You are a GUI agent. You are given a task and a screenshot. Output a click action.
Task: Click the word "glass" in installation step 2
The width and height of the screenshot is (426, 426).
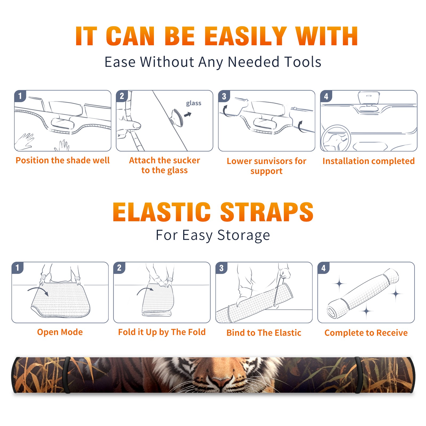(x=194, y=103)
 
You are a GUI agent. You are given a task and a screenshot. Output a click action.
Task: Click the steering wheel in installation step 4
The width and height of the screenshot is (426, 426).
(x=336, y=138)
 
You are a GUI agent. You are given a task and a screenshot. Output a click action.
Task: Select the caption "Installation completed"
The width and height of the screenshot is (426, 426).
(x=368, y=161)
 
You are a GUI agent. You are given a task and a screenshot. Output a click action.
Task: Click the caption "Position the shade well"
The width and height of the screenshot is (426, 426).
(x=63, y=160)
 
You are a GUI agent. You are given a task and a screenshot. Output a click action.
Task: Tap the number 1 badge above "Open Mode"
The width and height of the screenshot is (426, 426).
(x=18, y=268)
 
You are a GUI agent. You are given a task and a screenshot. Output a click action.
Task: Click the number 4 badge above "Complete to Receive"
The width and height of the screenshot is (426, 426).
(x=323, y=268)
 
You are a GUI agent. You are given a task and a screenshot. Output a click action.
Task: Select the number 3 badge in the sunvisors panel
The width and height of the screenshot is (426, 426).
(x=224, y=96)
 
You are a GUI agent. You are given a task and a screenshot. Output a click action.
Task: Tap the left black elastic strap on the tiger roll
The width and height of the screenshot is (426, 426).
(x=67, y=375)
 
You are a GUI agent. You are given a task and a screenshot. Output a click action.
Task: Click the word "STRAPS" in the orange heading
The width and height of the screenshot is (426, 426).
(x=267, y=212)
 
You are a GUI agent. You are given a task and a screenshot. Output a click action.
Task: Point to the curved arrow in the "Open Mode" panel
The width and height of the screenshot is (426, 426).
(x=38, y=290)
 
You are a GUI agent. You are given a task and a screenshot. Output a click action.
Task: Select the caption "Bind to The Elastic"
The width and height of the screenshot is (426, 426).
(x=264, y=333)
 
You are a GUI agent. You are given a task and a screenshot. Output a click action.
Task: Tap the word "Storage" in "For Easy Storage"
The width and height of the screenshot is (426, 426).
(x=244, y=235)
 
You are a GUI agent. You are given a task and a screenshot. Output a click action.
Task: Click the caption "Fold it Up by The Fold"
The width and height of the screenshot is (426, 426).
(x=162, y=332)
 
